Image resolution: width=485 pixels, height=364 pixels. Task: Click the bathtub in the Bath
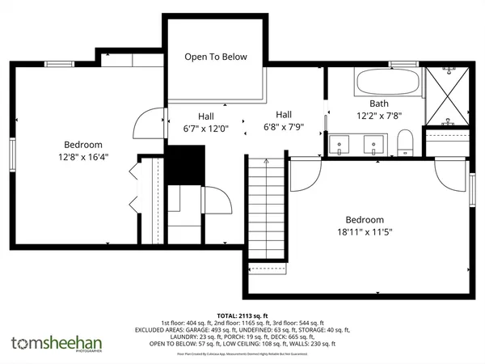coord(387,83)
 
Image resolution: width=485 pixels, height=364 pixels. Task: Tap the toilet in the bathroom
coord(406,143)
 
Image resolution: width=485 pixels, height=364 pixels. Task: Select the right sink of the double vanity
coord(373,145)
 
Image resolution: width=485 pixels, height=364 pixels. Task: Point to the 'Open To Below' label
coord(215,57)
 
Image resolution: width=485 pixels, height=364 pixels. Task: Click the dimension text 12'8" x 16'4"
coord(83,157)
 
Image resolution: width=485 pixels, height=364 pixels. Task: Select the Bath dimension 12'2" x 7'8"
coord(379,116)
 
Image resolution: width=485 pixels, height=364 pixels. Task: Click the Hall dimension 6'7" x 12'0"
coord(206,128)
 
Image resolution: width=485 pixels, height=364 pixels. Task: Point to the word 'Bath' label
coord(379,104)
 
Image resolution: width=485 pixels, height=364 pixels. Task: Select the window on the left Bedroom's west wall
coord(12,155)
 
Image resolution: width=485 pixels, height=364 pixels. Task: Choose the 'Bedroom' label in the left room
coord(83,144)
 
